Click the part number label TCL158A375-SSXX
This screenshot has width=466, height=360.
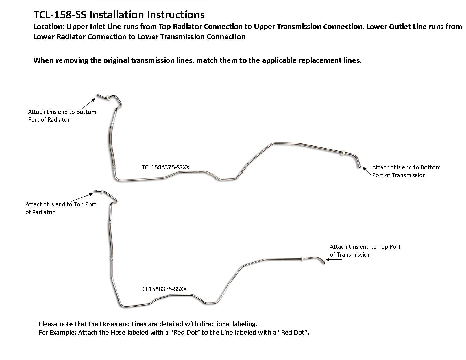coord(166,167)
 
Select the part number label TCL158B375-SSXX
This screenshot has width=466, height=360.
coord(163,289)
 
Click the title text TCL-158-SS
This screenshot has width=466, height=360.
coord(60,15)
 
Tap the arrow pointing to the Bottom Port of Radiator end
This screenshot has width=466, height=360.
coord(89,103)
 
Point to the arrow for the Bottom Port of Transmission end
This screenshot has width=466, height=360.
coord(367,171)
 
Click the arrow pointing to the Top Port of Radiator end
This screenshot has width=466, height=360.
coord(82,197)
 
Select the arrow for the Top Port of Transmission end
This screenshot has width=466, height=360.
coord(334,260)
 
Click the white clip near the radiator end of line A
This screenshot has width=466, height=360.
coord(110,98)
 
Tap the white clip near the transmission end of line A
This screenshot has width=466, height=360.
coord(343,153)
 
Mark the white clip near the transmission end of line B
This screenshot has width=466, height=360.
coord(302,259)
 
